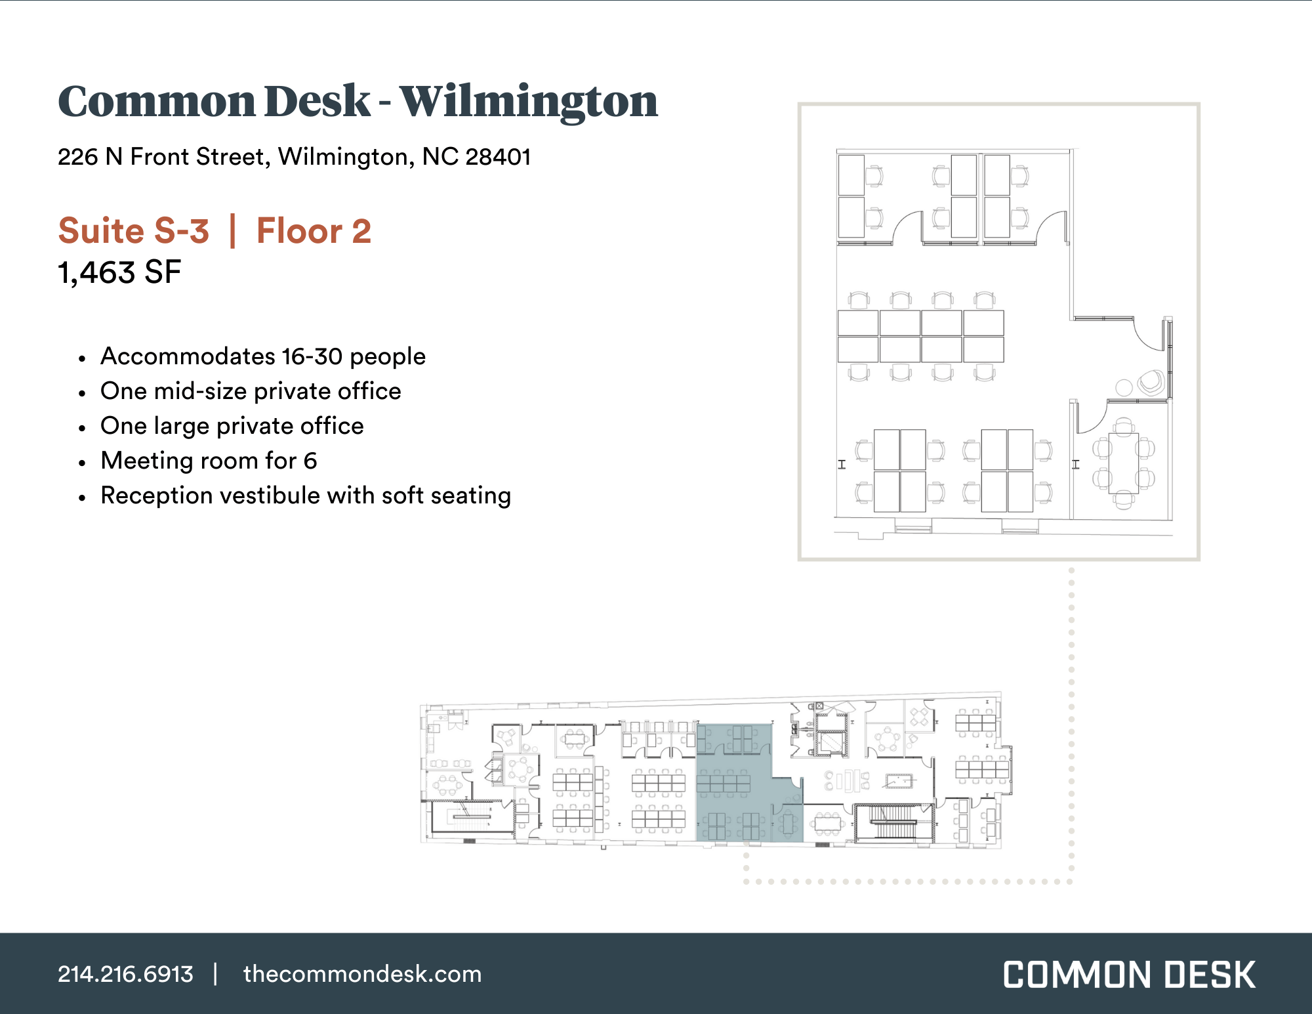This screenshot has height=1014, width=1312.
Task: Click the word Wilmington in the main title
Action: tap(529, 102)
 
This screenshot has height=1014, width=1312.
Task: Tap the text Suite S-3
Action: tap(134, 231)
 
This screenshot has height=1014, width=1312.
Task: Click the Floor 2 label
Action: tap(314, 231)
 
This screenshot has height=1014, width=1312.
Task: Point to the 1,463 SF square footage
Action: tap(119, 272)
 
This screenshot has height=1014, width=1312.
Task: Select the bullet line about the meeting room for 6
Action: tap(209, 461)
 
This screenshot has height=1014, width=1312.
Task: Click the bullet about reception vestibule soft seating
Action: tap(305, 496)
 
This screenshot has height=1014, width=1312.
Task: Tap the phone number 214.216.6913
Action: tap(125, 974)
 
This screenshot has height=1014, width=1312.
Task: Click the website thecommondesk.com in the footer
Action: tap(362, 974)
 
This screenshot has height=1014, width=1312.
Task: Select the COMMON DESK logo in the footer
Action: tap(1129, 975)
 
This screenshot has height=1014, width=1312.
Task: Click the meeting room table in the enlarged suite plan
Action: tap(1123, 463)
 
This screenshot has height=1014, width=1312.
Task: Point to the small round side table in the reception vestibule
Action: tap(1124, 387)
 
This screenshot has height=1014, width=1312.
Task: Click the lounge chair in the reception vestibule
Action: tap(1151, 382)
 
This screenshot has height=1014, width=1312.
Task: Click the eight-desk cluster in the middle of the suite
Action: tap(920, 337)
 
